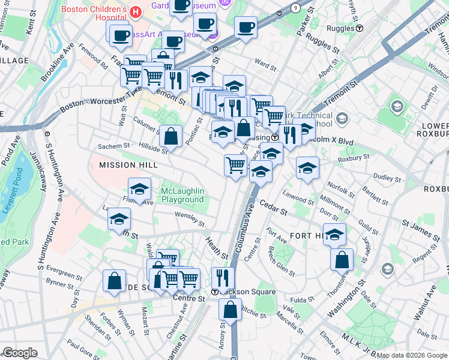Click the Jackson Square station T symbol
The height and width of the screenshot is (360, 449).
pyautogui.click(x=215, y=292)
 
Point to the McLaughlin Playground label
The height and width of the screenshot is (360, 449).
pyautogui.click(x=182, y=195)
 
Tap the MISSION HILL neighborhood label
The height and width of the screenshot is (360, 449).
pyautogui.click(x=124, y=164)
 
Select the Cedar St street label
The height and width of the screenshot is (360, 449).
pyautogui.click(x=274, y=209)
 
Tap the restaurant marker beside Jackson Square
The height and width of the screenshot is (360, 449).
pyautogui.click(x=223, y=278)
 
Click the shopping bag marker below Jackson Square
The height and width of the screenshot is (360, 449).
pyautogui.click(x=230, y=310)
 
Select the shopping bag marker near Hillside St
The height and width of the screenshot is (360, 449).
pyautogui.click(x=171, y=136)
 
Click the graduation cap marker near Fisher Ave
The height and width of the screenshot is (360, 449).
pyautogui.click(x=139, y=189)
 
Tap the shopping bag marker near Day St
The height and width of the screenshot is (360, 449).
pyautogui.click(x=114, y=280)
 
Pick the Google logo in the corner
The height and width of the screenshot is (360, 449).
pyautogui.click(x=20, y=353)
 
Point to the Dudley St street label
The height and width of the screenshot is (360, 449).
pyautogui.click(x=387, y=178)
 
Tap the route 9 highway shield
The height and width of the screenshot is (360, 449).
pyautogui.click(x=295, y=7)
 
